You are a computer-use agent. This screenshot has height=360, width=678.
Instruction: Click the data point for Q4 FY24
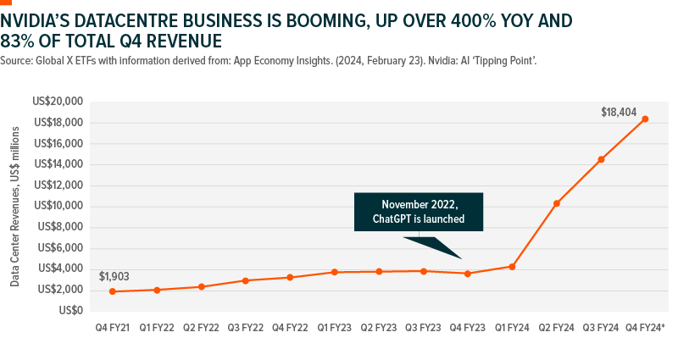click(x=645, y=119)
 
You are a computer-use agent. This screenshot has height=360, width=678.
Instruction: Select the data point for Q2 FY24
click(x=557, y=203)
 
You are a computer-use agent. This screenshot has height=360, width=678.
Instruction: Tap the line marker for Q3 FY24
click(x=601, y=159)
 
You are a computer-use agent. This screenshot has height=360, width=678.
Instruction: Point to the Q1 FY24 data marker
click(x=512, y=267)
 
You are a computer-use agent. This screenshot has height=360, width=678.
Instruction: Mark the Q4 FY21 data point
click(x=113, y=291)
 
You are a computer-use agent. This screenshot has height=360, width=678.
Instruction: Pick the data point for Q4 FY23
click(x=468, y=274)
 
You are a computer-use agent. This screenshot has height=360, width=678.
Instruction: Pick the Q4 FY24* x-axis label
click(x=645, y=327)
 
